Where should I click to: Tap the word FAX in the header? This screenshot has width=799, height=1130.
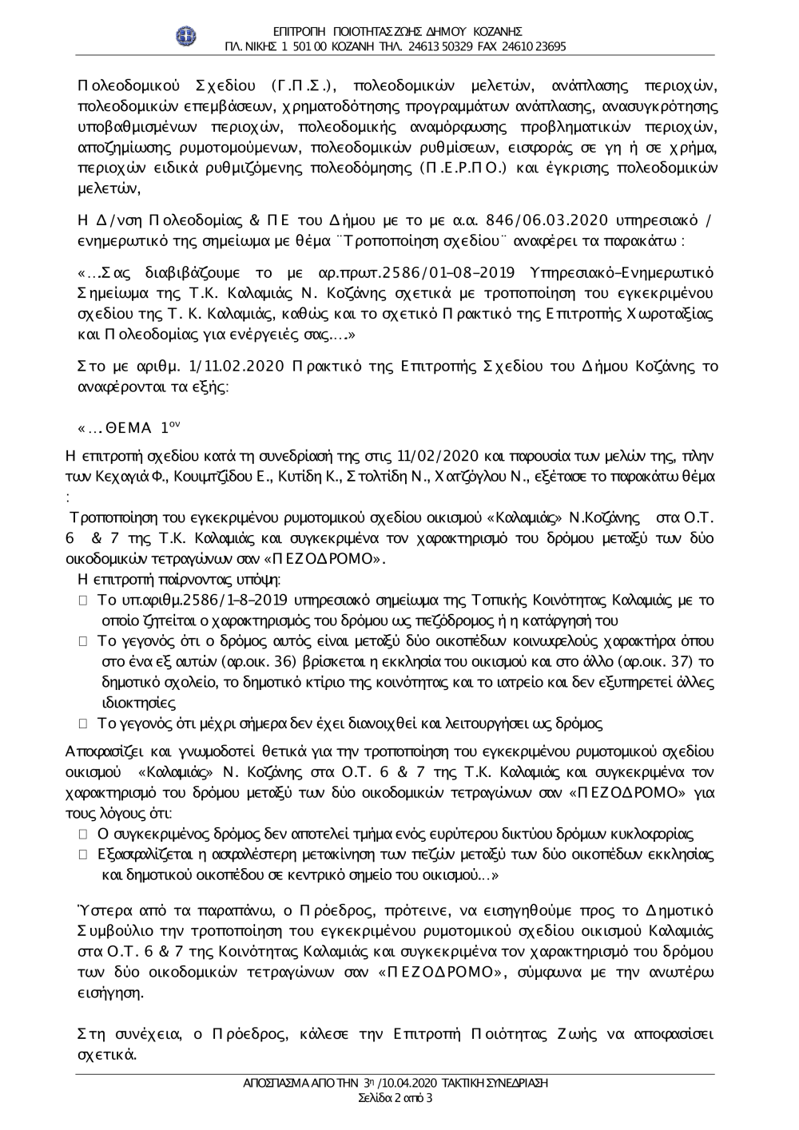click(487, 46)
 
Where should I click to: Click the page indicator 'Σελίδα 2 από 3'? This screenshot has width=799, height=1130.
click(396, 1098)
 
